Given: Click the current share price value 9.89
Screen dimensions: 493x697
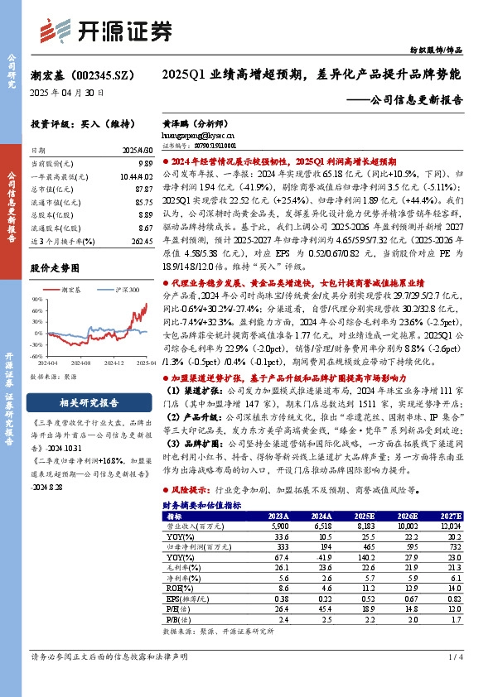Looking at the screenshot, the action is coord(145,166).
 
